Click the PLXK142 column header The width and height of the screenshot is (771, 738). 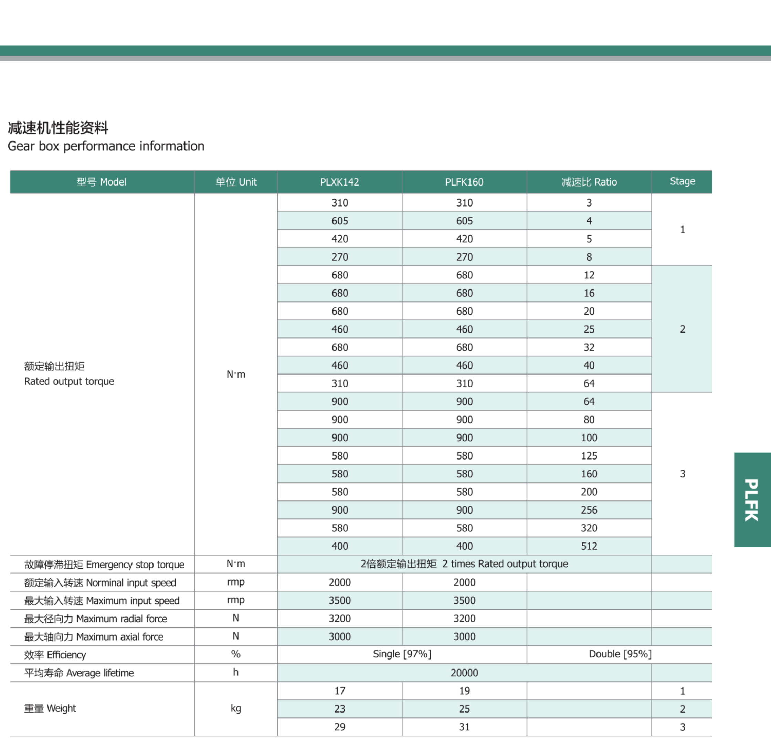339,182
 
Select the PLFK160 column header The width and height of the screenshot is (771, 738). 464,182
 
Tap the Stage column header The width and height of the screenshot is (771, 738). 682,181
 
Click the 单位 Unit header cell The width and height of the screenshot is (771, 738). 236,182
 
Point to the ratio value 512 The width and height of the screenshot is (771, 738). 589,546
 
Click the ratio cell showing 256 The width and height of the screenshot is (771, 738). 589,510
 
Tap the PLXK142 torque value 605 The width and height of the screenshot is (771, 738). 339,221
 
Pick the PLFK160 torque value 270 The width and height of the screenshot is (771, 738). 464,257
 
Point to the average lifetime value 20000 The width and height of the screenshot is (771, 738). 464,673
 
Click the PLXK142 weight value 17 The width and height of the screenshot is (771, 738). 339,691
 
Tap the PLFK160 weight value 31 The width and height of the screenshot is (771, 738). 464,727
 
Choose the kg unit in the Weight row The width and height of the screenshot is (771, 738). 236,708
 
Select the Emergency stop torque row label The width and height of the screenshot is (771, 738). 104,565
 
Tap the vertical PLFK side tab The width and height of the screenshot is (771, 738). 752,499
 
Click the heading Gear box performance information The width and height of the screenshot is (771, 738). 106,146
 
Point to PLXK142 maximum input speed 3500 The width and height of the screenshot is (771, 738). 339,601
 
